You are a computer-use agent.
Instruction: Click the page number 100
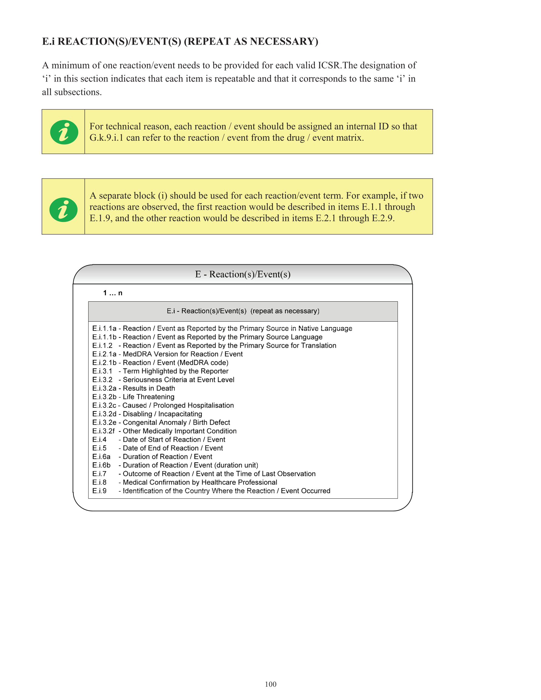tap(270, 684)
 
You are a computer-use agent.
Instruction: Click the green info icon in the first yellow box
tap(64, 132)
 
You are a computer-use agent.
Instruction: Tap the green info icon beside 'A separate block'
tap(63, 209)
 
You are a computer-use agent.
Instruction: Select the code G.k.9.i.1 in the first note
tap(106, 138)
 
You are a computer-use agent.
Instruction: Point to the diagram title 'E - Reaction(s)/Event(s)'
tap(243, 274)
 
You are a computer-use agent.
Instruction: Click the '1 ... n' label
tap(113, 293)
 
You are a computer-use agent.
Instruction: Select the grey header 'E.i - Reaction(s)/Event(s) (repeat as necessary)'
tap(243, 311)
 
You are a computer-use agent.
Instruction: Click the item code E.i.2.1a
tap(104, 354)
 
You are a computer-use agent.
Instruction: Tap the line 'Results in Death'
tap(149, 388)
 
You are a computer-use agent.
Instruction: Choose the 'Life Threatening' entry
tap(149, 397)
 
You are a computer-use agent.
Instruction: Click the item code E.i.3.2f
tap(103, 431)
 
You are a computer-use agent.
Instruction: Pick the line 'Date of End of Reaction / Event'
tap(173, 448)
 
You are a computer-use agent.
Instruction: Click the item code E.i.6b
tap(101, 465)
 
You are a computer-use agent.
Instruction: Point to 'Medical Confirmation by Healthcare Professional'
tap(200, 482)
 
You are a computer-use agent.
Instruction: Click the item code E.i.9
tap(99, 491)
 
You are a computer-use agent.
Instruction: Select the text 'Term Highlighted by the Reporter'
tap(175, 371)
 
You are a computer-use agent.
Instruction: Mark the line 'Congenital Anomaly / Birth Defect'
tap(176, 422)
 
